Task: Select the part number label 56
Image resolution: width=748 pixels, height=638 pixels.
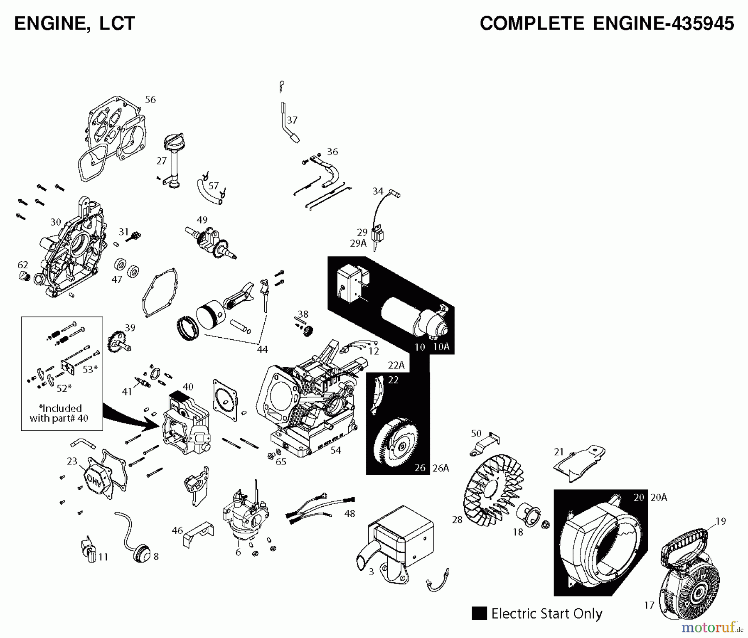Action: tap(150, 100)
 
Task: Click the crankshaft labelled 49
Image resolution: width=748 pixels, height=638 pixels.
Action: tap(212, 243)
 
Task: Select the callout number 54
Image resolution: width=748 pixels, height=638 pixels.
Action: tap(336, 450)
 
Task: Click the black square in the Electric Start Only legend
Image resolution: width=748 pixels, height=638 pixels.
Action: tap(479, 613)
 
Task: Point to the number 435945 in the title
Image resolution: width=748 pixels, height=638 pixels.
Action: tap(699, 23)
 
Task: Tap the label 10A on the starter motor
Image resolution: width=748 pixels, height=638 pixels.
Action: tap(441, 346)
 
